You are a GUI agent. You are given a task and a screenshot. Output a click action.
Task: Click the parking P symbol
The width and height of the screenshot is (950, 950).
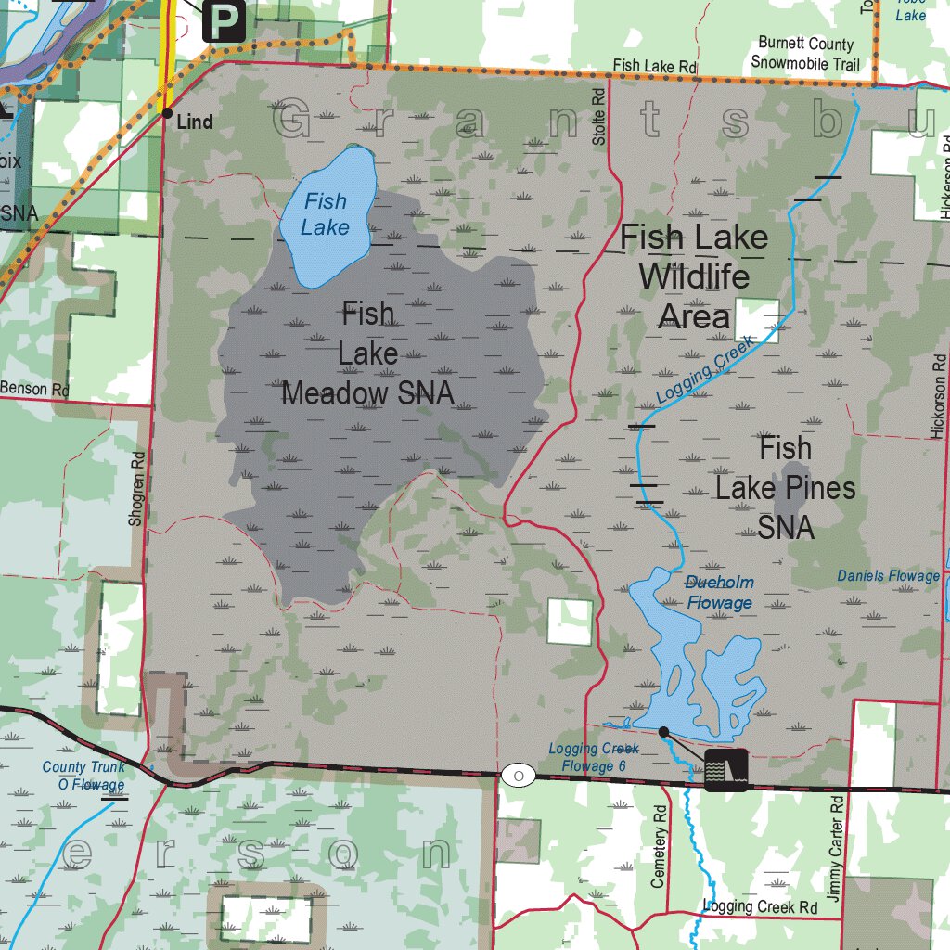coord(224,19)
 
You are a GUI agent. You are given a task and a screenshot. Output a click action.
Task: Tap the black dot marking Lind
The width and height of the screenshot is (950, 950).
coord(167,113)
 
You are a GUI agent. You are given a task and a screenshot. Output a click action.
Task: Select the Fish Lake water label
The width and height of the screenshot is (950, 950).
coord(325,213)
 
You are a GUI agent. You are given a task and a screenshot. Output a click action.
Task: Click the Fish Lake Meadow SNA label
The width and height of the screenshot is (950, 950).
coord(368,353)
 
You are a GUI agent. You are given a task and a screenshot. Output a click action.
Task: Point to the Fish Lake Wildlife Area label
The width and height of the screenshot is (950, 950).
coord(694,276)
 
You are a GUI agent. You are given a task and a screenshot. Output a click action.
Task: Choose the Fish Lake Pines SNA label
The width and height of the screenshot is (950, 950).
coord(785,487)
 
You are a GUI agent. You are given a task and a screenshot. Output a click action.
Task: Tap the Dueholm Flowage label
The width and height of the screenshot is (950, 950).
coord(719,593)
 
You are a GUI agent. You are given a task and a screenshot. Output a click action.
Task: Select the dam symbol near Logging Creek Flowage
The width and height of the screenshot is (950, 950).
coord(725,769)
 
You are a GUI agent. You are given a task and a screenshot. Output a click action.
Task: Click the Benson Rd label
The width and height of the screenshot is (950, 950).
coord(34,389)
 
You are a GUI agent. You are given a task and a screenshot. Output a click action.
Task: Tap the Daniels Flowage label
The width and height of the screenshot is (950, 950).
coord(888,576)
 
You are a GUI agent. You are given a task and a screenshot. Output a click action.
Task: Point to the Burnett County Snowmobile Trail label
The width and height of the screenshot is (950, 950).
coord(805,54)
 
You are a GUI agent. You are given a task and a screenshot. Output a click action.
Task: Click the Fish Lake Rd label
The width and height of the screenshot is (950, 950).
coord(654,66)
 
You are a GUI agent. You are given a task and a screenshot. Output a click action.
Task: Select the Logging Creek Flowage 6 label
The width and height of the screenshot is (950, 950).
coord(593,757)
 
